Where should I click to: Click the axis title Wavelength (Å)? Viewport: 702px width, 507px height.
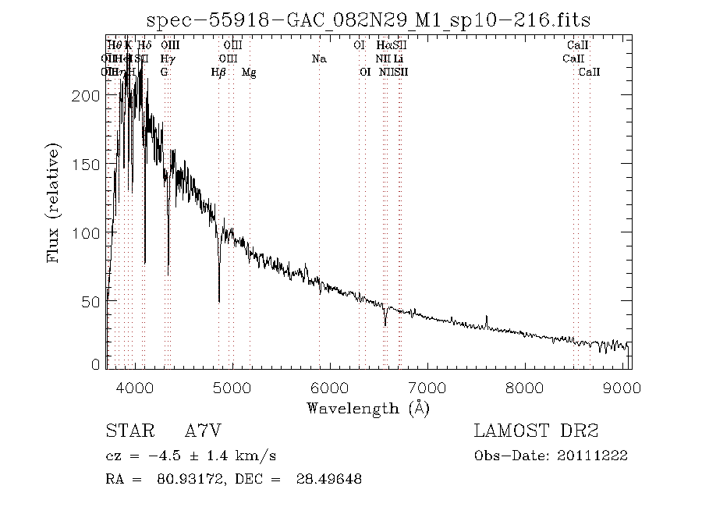click(x=368, y=407)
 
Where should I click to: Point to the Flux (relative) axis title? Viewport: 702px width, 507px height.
click(x=54, y=203)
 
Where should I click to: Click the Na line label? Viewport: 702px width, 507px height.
click(x=318, y=58)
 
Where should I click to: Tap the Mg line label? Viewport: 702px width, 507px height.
click(x=249, y=73)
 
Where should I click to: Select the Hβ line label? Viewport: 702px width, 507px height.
click(x=219, y=73)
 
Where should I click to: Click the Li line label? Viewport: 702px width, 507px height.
click(x=398, y=58)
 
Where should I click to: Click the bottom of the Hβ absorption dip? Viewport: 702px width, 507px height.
click(x=219, y=301)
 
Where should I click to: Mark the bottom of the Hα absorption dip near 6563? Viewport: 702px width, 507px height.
click(x=385, y=325)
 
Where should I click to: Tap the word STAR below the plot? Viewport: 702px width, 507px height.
click(x=124, y=432)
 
